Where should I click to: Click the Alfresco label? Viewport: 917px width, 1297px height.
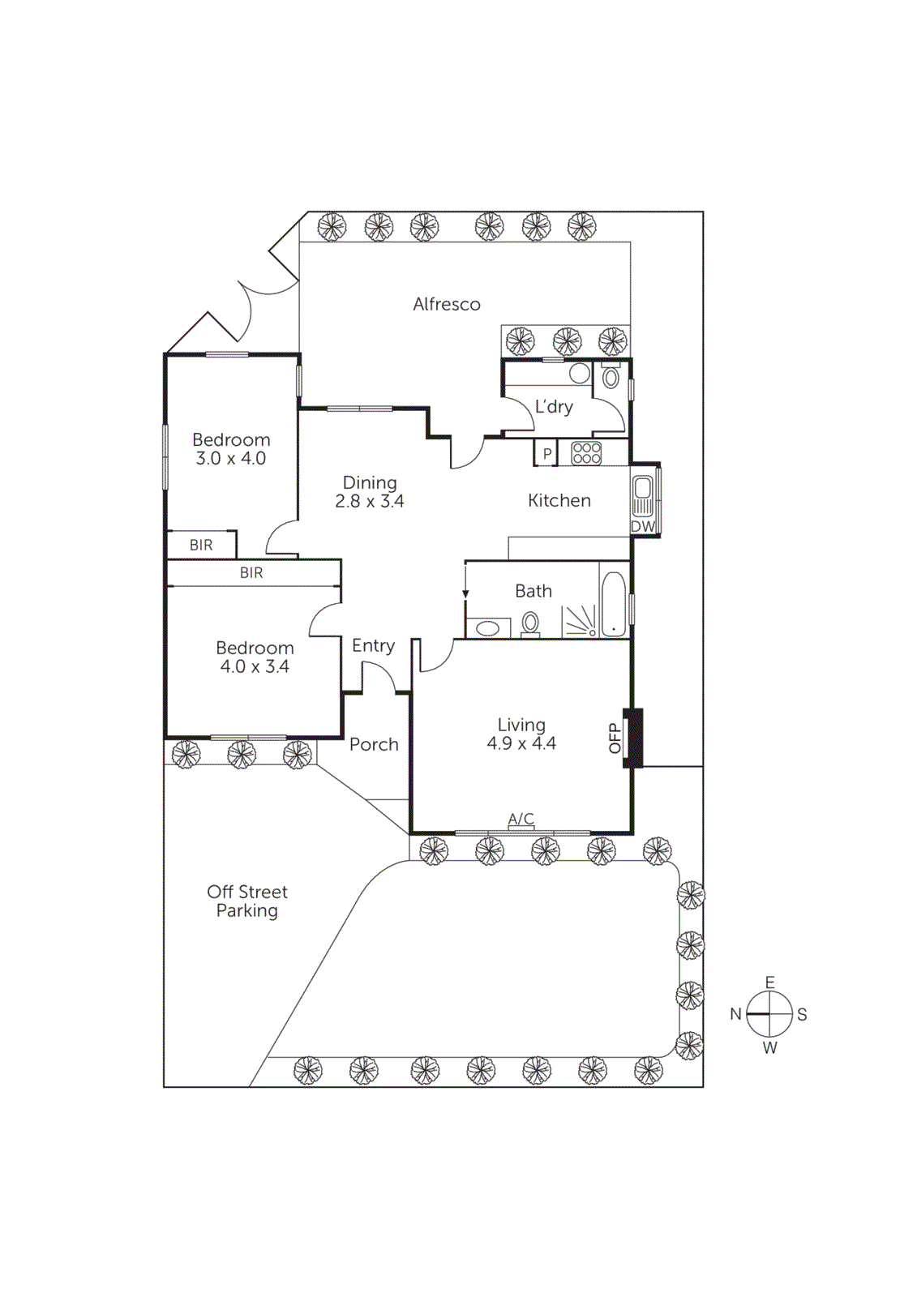446,304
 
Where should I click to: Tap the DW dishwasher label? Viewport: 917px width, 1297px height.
643,526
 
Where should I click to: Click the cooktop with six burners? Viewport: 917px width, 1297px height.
586,453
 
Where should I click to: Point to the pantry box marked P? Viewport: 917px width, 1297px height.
547,454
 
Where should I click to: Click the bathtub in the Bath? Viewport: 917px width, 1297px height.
614,604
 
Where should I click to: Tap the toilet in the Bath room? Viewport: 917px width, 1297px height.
530,623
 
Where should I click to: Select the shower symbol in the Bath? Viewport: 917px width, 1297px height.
580,622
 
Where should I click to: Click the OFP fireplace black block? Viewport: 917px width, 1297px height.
632,738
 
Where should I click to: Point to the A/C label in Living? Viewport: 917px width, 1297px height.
521,819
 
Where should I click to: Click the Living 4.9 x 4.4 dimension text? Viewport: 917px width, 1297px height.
521,743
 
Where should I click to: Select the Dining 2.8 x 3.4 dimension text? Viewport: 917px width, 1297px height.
370,502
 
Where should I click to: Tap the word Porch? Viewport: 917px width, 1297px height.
374,744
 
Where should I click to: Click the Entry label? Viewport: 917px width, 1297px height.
373,645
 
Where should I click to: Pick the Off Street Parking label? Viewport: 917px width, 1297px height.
247,901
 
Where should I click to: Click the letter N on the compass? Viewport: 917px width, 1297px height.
735,1014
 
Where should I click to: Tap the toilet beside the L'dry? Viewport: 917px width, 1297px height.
611,377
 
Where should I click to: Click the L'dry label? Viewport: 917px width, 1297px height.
554,406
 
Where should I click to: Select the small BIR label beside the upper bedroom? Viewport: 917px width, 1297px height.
201,546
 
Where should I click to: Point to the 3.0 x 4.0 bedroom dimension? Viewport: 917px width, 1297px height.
231,459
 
